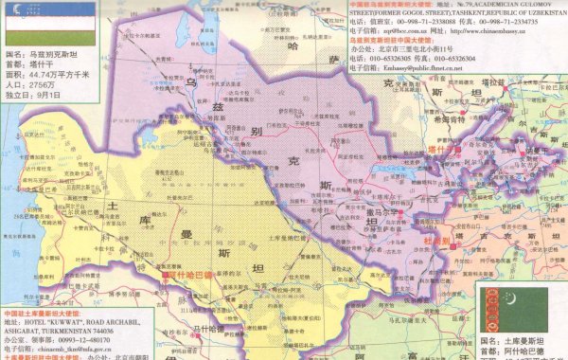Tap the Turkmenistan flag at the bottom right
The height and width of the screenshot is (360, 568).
pyautogui.click(x=512, y=305)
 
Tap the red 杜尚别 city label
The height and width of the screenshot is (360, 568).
pyautogui.click(x=437, y=242)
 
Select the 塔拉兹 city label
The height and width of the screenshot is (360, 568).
pyautogui.click(x=525, y=83)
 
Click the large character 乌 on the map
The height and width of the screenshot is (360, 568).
pyautogui.click(x=190, y=85)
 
